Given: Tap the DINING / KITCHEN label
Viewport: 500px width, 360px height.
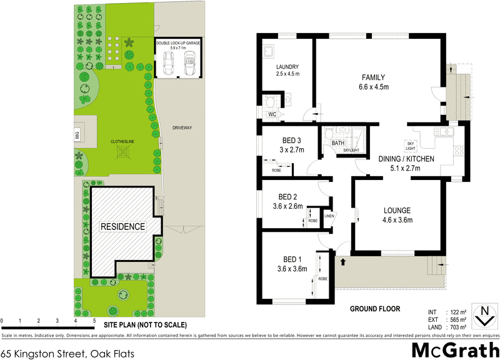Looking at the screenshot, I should pyautogui.click(x=406, y=159).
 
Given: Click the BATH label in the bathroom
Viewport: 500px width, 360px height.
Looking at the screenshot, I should pyautogui.click(x=338, y=143).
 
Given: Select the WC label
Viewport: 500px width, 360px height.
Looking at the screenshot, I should pyautogui.click(x=272, y=115).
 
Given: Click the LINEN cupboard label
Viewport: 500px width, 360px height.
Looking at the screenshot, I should pyautogui.click(x=329, y=216).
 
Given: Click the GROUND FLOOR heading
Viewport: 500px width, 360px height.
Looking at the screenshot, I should pyautogui.click(x=374, y=309).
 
